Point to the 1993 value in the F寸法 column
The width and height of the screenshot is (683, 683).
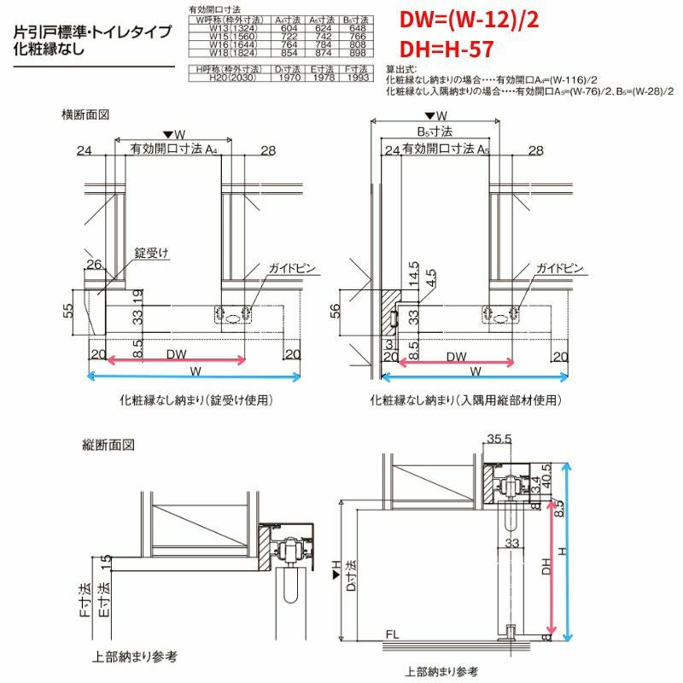(358, 77)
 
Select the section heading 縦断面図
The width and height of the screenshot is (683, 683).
(110, 445)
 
